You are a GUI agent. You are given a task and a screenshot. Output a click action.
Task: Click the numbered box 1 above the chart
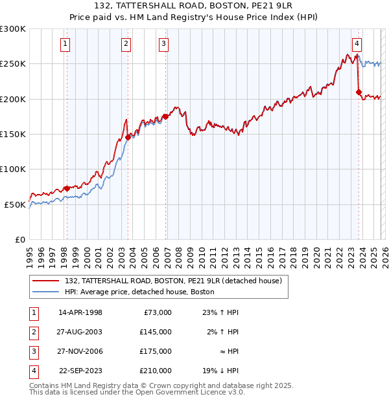66,44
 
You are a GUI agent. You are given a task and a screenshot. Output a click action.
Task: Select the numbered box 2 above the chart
125,44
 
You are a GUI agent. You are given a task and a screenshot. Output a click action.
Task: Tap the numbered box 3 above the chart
163,44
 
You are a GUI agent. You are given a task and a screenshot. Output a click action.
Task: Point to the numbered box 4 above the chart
357,44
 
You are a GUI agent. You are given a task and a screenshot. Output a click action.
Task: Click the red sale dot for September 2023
359,92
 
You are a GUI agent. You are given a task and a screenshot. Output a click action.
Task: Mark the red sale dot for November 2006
165,116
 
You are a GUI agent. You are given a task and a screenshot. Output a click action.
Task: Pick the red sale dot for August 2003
128,137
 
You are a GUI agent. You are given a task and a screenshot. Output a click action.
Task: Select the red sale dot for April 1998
67,188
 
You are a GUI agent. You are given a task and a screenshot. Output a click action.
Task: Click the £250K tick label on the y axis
13,64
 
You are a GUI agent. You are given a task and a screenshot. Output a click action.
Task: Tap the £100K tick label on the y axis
13,169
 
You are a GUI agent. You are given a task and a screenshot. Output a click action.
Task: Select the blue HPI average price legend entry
139,292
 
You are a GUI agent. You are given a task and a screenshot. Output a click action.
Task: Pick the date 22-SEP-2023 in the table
80,371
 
